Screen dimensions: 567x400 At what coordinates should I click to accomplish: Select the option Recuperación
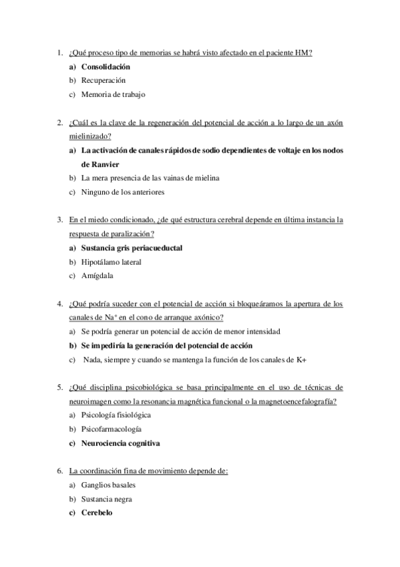[x=103, y=80]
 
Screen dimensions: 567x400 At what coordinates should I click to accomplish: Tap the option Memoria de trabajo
[x=113, y=94]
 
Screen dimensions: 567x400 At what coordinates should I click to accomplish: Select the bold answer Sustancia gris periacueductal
[x=132, y=248]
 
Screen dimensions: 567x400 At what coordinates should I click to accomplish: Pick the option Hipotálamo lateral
[x=111, y=261]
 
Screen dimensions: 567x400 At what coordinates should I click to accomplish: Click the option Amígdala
[x=97, y=275]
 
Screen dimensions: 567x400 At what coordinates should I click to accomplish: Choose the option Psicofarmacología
[x=111, y=429]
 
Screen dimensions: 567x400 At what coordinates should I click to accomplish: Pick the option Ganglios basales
[x=108, y=485]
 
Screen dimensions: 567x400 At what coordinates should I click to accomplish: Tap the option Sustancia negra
[x=107, y=499]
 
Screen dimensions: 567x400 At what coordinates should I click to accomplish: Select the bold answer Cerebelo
[x=97, y=513]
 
